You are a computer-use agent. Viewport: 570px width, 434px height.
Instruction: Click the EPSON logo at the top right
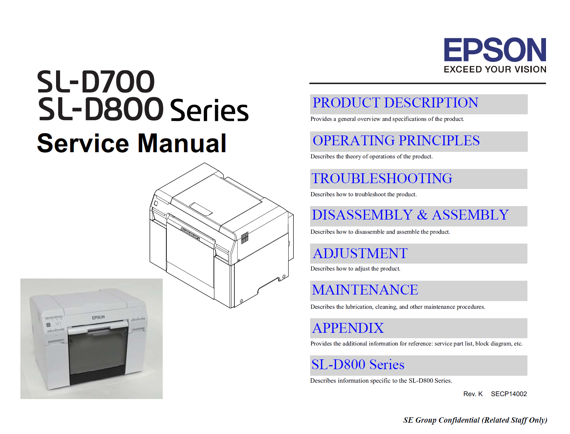[x=495, y=50]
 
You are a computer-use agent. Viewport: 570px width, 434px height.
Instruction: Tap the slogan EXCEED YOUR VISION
[x=495, y=69]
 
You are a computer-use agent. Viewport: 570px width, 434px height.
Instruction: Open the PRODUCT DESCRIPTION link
[x=395, y=103]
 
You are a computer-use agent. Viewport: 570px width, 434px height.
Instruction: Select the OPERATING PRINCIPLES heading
[x=396, y=141]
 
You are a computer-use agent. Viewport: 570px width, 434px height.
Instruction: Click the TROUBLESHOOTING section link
[x=382, y=178]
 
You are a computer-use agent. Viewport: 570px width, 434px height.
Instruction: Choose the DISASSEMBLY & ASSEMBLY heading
[x=410, y=215]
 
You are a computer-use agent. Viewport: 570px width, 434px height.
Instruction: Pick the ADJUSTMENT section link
[x=360, y=253]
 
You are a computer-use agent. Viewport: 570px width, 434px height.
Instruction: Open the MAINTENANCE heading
[x=365, y=290]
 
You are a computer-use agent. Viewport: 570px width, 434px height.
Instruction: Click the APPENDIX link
[x=348, y=328]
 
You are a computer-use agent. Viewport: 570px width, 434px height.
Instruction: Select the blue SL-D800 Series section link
[x=358, y=364]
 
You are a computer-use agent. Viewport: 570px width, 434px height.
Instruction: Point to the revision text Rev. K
[x=472, y=394]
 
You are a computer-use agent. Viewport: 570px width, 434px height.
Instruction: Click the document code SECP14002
[x=509, y=394]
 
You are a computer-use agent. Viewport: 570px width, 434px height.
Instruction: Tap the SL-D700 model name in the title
[x=96, y=82]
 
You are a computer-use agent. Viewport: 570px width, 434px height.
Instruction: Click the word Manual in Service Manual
[x=182, y=143]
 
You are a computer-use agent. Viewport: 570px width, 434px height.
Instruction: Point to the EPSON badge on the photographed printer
[x=98, y=317]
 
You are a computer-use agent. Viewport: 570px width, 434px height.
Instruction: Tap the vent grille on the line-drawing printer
[x=245, y=237]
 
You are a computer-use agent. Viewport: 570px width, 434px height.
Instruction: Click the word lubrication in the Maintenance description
[x=359, y=307]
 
